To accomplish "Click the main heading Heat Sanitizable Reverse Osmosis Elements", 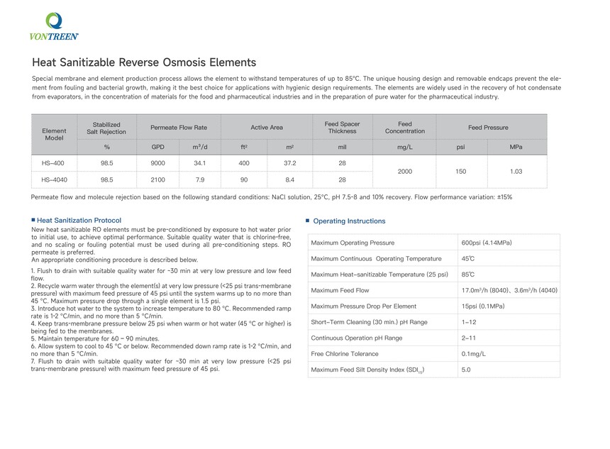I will (144, 62).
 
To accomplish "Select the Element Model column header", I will (54, 134).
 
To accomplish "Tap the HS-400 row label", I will (54, 163).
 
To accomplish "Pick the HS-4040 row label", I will (54, 179).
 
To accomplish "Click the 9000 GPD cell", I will (158, 163).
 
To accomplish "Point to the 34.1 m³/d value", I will (199, 163).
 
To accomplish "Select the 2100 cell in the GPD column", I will (158, 179).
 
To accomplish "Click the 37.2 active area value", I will (289, 163).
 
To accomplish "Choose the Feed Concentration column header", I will (405, 128).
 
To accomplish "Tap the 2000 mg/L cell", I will (405, 171).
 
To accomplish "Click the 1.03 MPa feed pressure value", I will (516, 171).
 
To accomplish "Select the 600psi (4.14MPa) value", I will (487, 243).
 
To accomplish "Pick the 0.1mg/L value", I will (474, 353).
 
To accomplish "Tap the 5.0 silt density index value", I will (466, 370).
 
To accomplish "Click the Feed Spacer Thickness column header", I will (342, 128).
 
